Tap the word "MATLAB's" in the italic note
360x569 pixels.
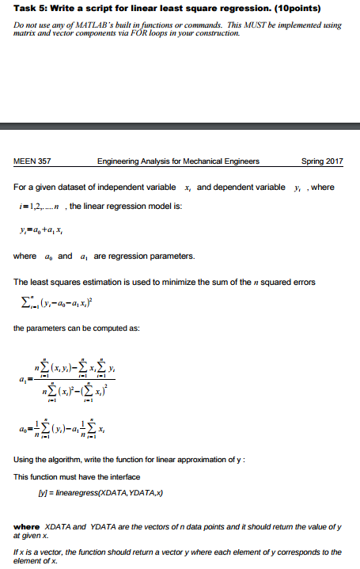88,25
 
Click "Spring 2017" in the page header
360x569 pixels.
323,161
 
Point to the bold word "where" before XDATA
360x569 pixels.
28,526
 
